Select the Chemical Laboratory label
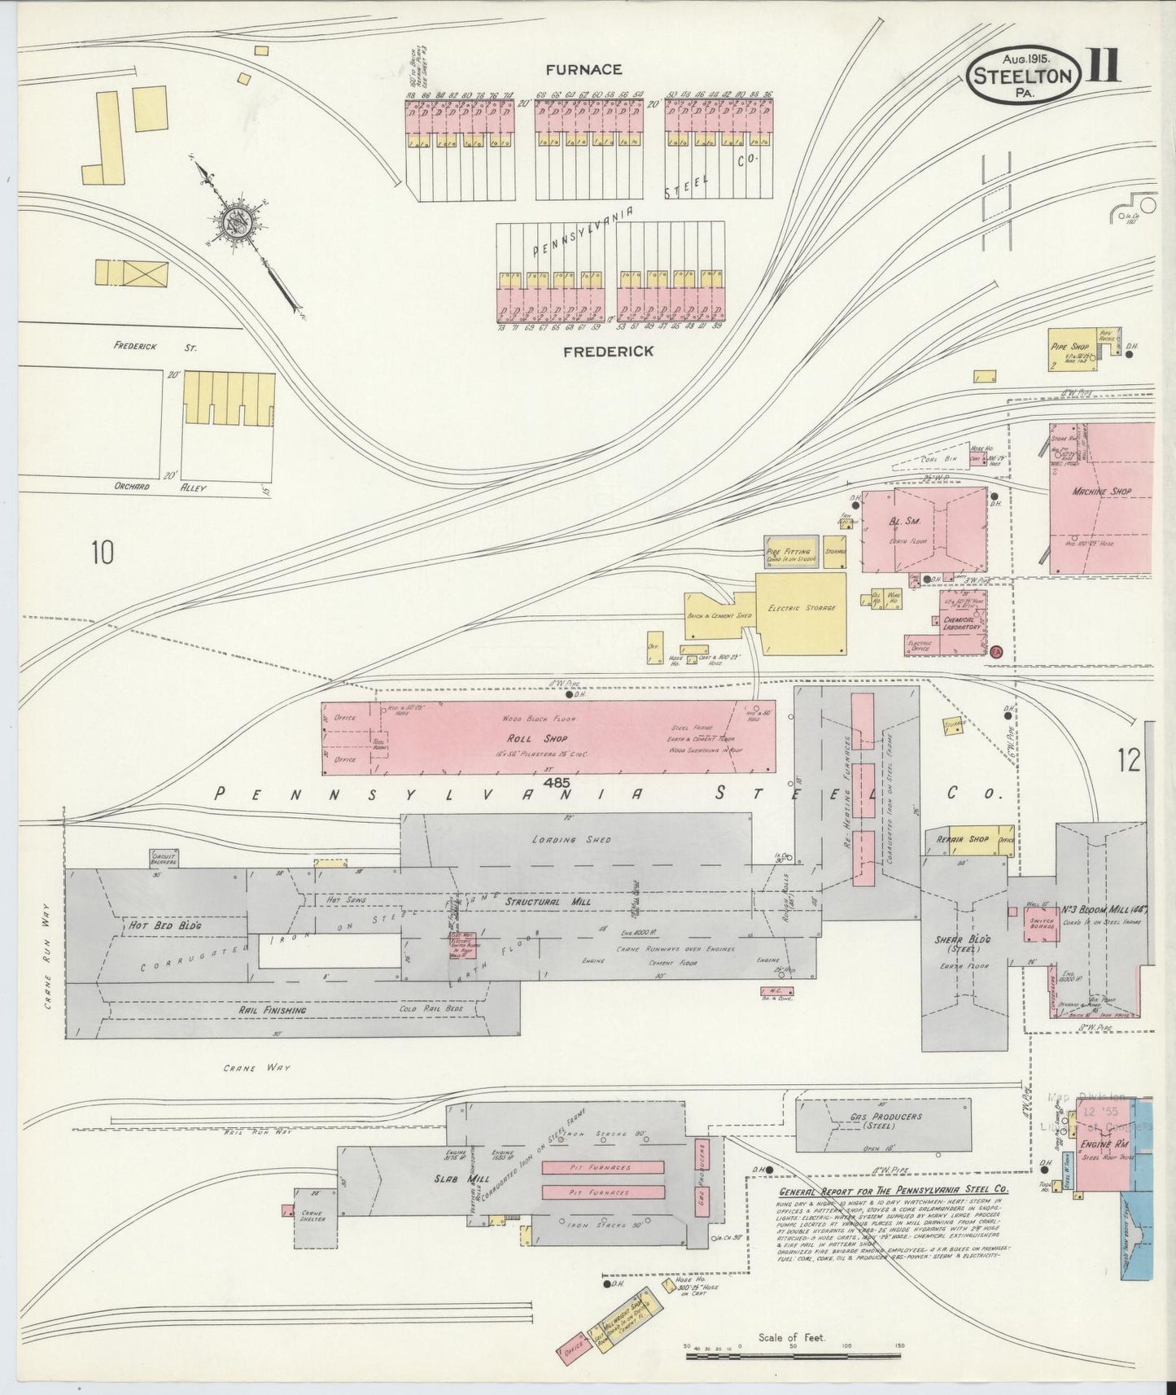[961, 622]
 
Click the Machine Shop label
[1101, 492]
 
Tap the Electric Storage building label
[801, 608]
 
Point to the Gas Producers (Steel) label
[885, 1121]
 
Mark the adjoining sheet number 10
[103, 553]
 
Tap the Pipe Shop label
[1069, 347]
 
